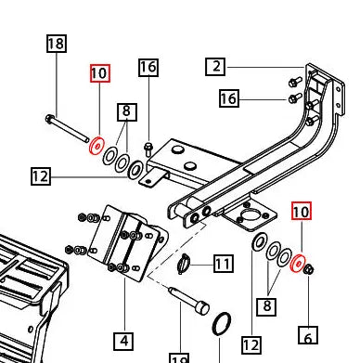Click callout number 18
pos(56,44)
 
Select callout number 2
pos(215,66)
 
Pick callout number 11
pos(223,265)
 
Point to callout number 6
pos(308,335)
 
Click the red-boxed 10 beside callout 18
pos(99,73)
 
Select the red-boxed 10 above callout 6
pos(302,213)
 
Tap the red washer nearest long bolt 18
pos(94,146)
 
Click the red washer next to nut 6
pos(299,266)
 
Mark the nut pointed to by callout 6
pos(310,270)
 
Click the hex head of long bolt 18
pos(47,118)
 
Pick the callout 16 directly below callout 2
pos(230,98)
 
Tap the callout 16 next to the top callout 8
pos(148,67)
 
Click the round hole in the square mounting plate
pos(247,220)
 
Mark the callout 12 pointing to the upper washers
pos(40,175)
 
